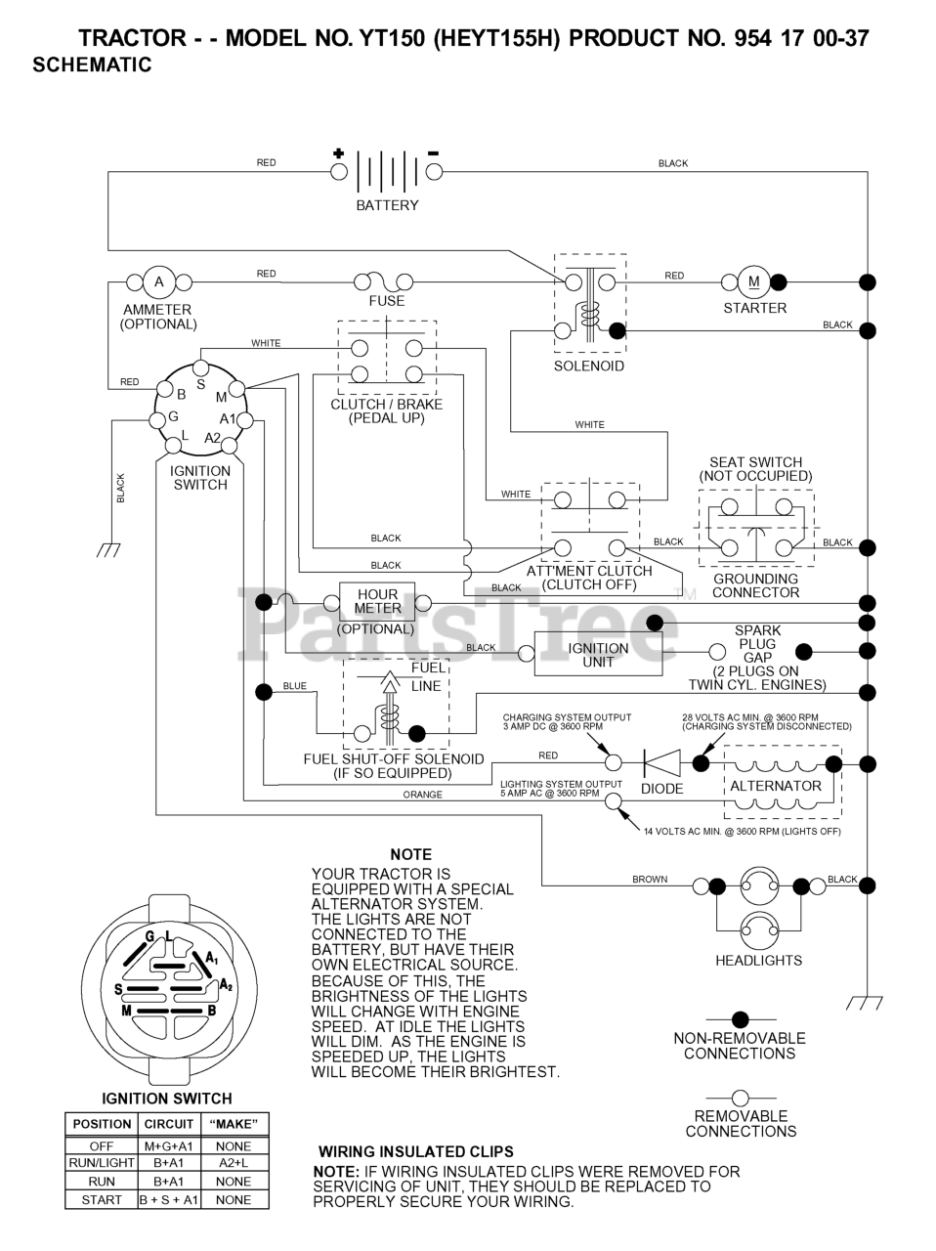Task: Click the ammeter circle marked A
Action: tap(159, 281)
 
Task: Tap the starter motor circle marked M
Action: tap(753, 281)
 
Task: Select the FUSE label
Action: tap(387, 301)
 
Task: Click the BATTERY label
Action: tap(387, 205)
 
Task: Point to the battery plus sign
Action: tap(338, 152)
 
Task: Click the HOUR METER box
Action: tap(377, 602)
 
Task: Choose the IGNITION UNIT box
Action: tap(598, 654)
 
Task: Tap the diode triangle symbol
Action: tap(662, 762)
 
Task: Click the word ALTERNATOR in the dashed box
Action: tap(776, 786)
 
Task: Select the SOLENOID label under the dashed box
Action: tap(589, 366)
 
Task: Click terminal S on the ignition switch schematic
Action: tap(200, 385)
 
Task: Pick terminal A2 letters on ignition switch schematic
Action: tap(212, 438)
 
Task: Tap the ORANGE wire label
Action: tap(422, 795)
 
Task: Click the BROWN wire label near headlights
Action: tap(650, 880)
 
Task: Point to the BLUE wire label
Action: tap(294, 686)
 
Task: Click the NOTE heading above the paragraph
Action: tap(410, 854)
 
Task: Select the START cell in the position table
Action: tap(102, 1200)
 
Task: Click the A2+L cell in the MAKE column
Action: tap(234, 1163)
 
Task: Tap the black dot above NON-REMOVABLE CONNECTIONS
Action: tap(740, 1019)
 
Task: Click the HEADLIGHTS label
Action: tap(758, 961)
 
